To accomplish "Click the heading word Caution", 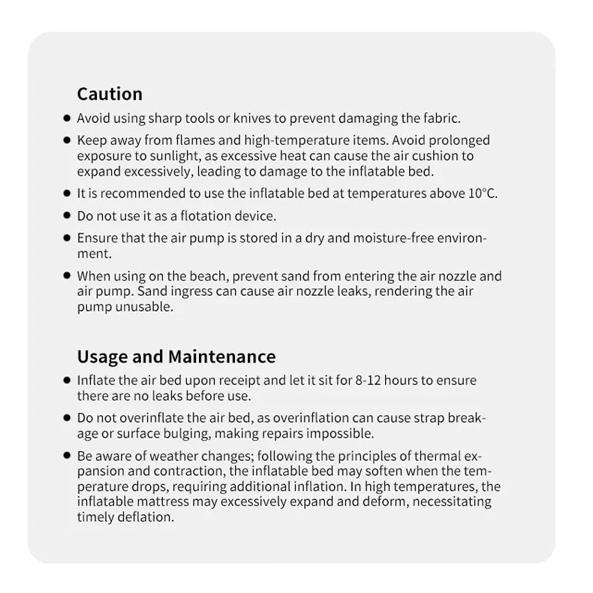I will pos(110,94).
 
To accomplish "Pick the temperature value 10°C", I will pos(482,194).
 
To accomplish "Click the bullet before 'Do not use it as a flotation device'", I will pos(68,216).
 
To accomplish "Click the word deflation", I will pos(148,517).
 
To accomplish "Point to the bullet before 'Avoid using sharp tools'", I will pos(68,119).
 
